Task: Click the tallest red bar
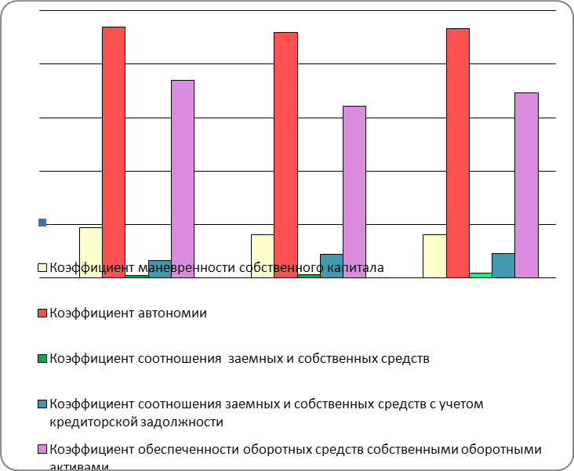(114, 149)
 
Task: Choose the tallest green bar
(481, 275)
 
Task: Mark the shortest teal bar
(160, 269)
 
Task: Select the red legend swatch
(43, 313)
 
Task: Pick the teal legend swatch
(43, 404)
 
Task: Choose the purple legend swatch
(43, 450)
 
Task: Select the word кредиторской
(86, 422)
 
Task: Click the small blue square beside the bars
(42, 223)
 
